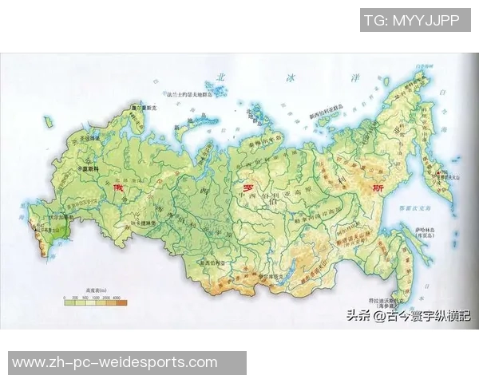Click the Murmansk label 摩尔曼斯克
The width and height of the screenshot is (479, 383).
tap(141, 105)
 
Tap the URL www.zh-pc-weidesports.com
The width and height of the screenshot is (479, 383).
tap(114, 362)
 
